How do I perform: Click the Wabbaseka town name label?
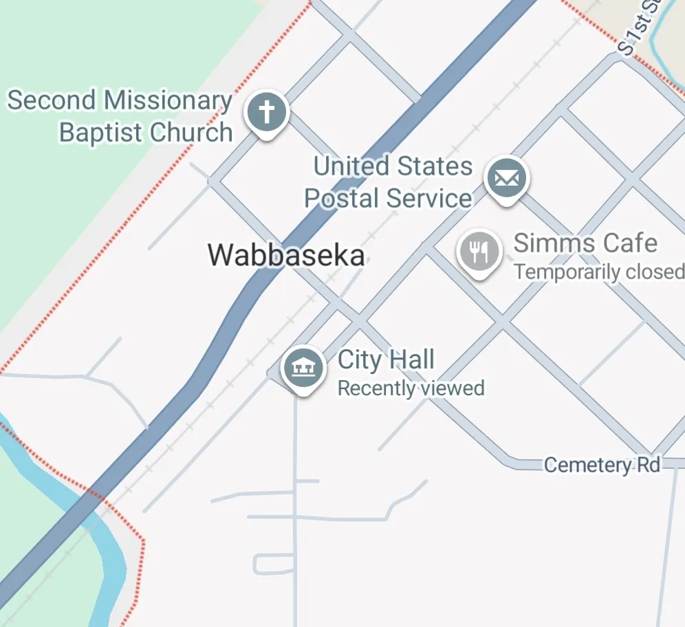click(x=286, y=255)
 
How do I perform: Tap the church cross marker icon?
click(x=267, y=111)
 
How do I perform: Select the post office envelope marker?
click(x=506, y=178)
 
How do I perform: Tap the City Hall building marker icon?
click(x=303, y=367)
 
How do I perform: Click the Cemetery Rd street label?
click(x=602, y=465)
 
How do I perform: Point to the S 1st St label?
click(x=639, y=27)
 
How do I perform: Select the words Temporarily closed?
click(x=598, y=272)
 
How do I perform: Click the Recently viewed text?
click(x=411, y=388)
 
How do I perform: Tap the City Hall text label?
click(x=386, y=360)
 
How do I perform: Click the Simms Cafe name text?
click(x=585, y=243)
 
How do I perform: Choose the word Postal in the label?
click(x=341, y=199)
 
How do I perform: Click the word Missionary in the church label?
click(x=167, y=101)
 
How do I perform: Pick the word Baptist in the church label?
click(x=100, y=132)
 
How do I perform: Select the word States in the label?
click(x=435, y=166)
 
